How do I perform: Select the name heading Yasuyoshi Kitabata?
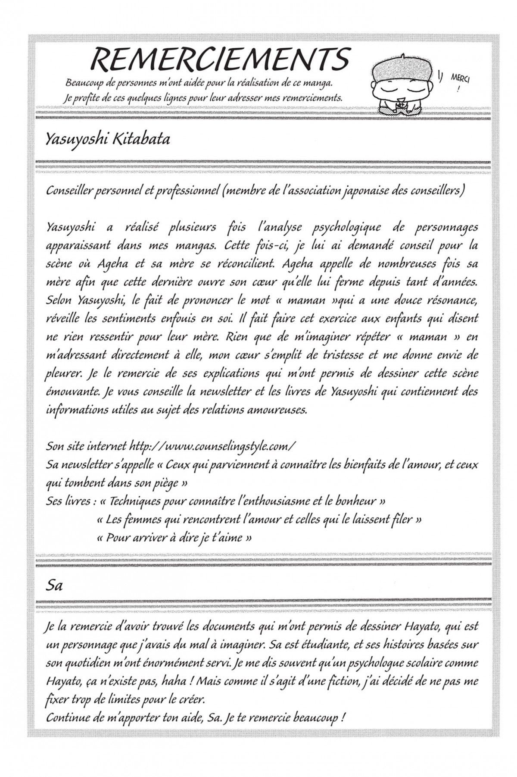click(x=107, y=139)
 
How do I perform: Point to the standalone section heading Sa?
click(x=54, y=586)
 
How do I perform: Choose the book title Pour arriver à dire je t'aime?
click(x=174, y=538)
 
